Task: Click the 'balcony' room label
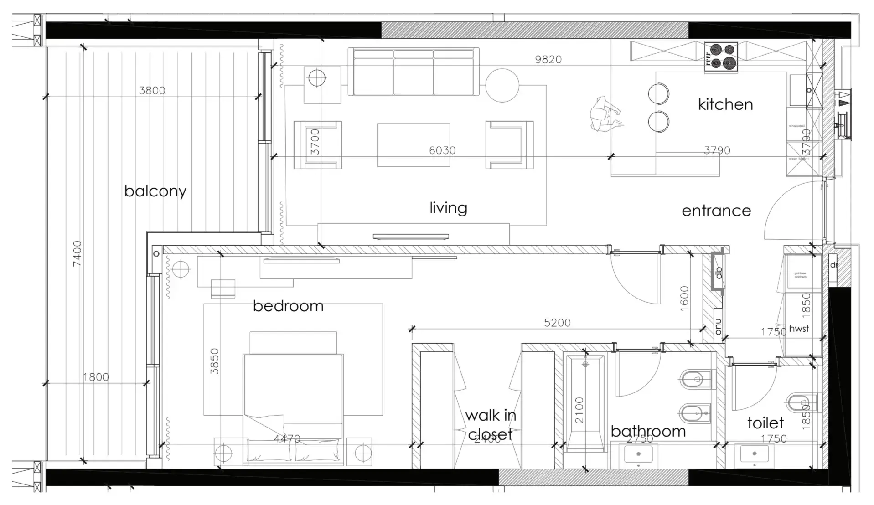155,191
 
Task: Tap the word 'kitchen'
725,104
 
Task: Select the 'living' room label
448,208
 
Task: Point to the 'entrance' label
716,211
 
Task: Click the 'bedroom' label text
288,306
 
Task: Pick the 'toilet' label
765,423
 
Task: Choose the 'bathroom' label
648,431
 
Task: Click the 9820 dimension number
548,60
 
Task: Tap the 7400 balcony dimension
77,253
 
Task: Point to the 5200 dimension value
557,323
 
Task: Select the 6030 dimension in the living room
442,150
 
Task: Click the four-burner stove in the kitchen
721,57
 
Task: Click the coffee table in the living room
413,145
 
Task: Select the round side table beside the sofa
502,85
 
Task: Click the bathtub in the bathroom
585,403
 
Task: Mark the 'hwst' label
799,328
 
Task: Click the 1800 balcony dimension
96,377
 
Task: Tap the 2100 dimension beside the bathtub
579,410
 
